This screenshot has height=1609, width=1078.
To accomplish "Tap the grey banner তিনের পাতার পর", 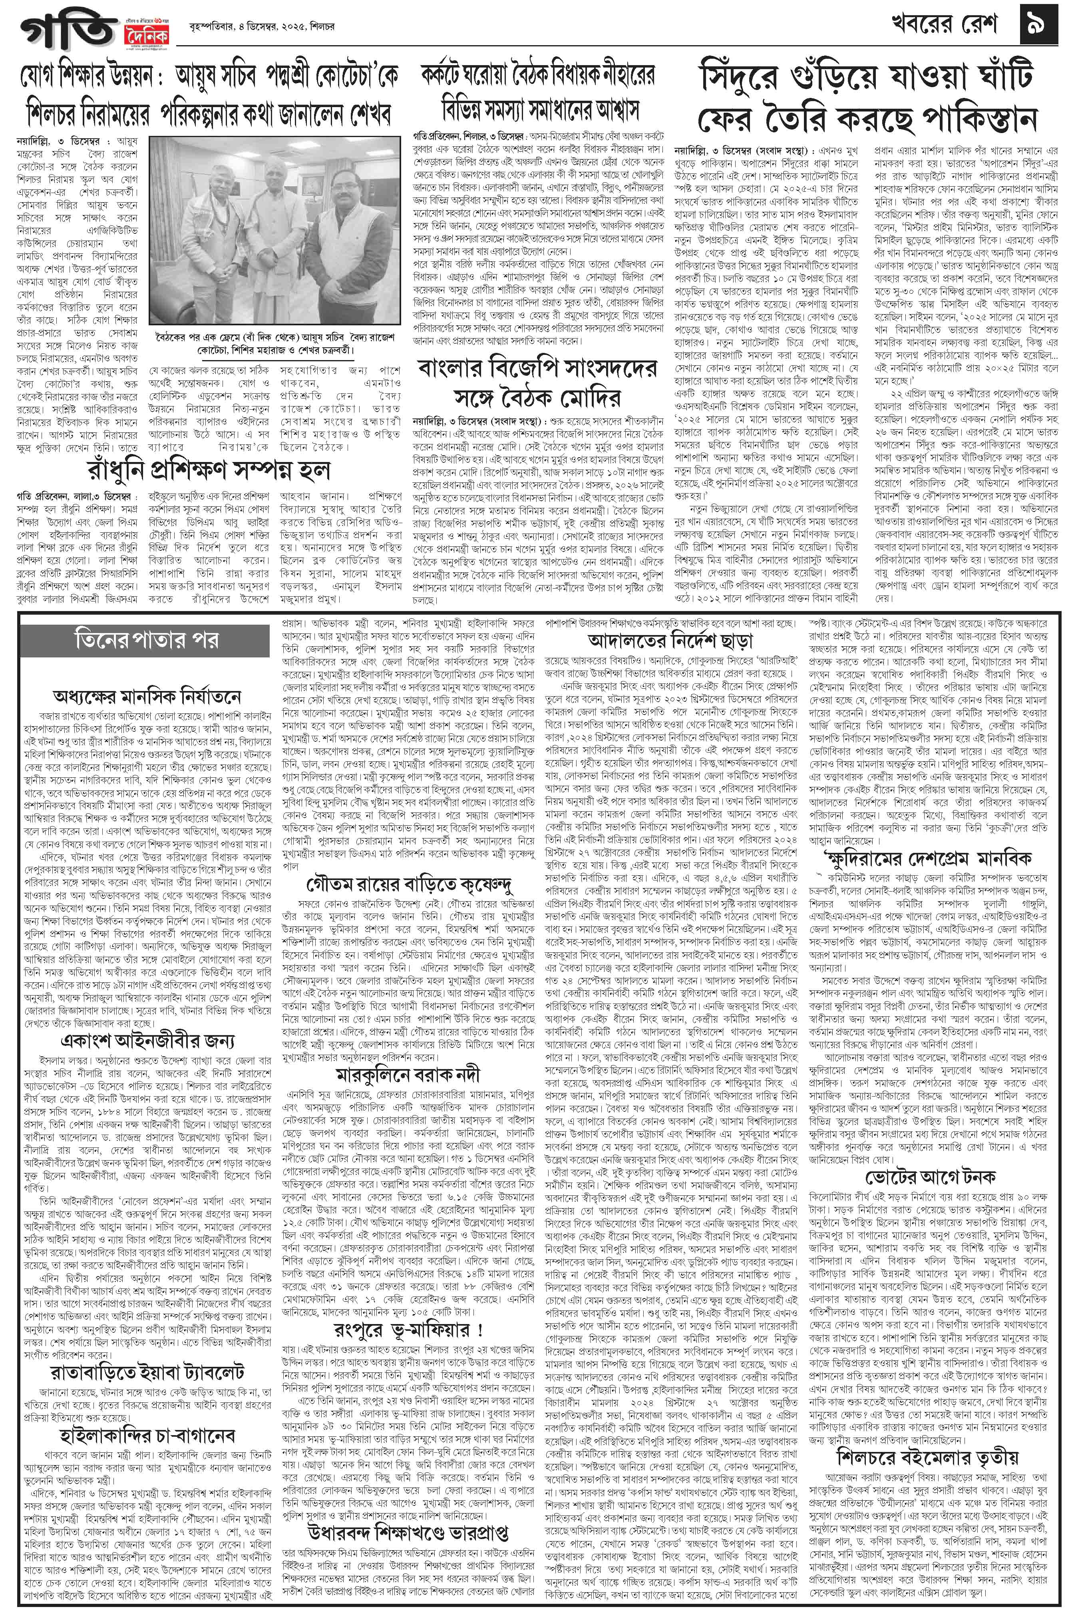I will click(x=148, y=639).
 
